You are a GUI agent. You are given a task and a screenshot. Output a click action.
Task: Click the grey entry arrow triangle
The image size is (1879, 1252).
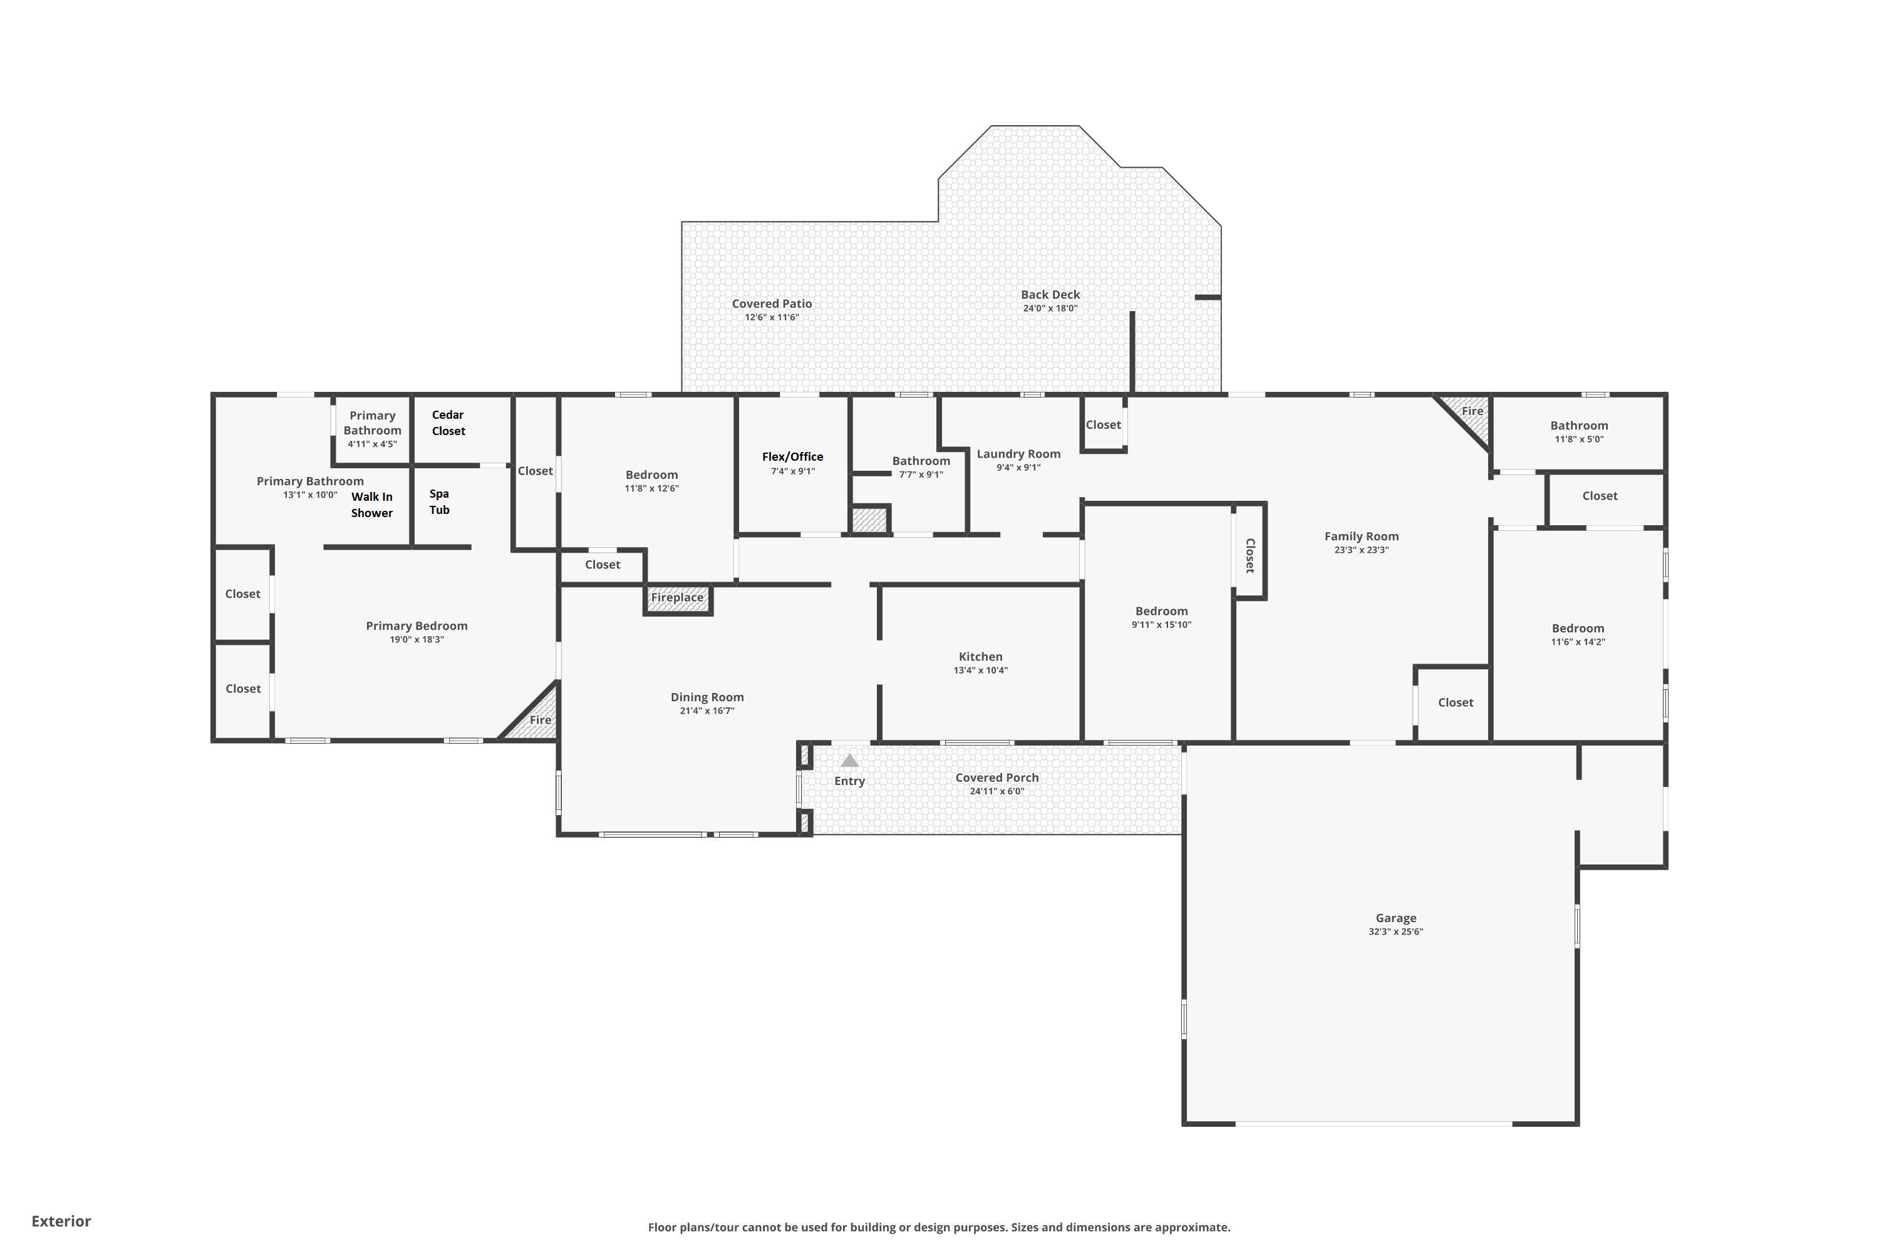tap(849, 761)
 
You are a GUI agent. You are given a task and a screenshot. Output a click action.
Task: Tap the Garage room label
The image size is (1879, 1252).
tap(1395, 918)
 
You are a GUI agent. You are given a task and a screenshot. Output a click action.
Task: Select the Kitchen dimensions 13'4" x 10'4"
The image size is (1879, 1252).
tap(980, 670)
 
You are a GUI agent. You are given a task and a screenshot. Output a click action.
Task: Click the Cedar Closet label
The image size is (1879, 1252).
tap(448, 423)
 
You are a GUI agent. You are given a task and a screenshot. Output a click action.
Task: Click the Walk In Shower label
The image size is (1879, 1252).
tap(371, 505)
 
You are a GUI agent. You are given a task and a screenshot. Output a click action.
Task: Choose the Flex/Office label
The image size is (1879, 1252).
tap(792, 457)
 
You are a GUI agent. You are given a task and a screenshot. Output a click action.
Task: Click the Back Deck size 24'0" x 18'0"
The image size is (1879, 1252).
tap(1050, 308)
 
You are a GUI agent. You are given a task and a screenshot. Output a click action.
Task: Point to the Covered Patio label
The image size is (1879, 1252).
tap(772, 304)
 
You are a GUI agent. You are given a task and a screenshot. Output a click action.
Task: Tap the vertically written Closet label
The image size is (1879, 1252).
tap(1250, 556)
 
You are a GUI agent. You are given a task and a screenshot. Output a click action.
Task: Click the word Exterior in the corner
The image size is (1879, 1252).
tap(61, 1221)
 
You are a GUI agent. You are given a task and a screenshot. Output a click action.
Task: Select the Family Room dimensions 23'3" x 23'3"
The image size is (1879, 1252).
tap(1361, 550)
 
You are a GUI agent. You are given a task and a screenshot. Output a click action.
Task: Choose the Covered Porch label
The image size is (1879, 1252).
tap(997, 777)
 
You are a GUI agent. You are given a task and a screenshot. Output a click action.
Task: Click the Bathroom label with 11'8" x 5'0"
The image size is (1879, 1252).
tap(1578, 426)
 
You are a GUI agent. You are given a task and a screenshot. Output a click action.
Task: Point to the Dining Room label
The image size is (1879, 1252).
tap(707, 697)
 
